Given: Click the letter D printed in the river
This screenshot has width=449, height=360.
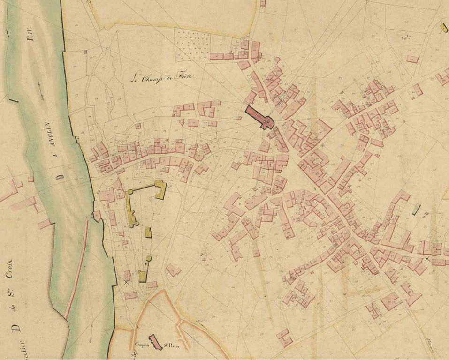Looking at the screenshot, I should (60, 177).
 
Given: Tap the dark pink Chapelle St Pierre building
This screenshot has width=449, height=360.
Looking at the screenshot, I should (155, 343).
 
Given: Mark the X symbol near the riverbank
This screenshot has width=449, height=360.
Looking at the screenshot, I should (127, 282).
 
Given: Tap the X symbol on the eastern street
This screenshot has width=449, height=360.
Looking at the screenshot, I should (427, 259).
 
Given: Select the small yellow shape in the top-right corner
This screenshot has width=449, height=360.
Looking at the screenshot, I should (443, 29).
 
